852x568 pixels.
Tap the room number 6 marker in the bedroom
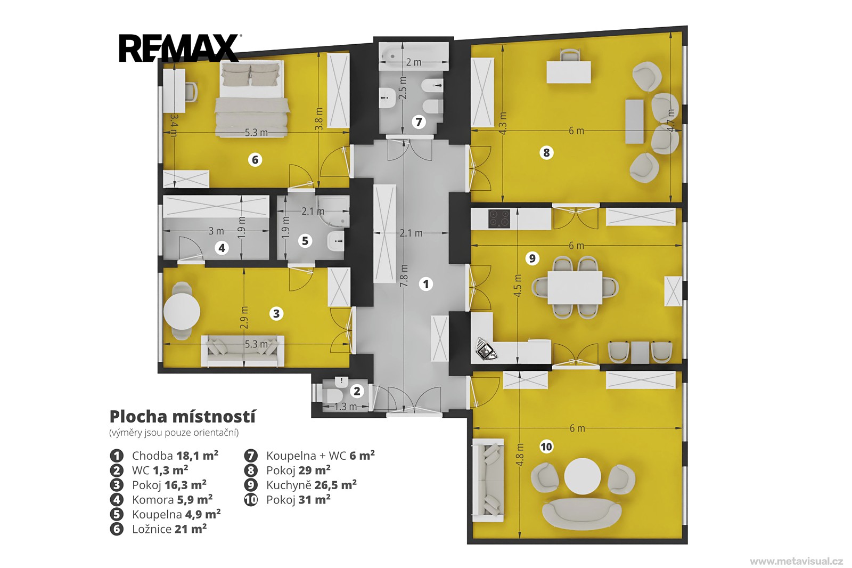[x=255, y=159]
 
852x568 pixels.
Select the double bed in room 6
[x=252, y=98]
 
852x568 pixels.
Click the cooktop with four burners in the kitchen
[x=499, y=218]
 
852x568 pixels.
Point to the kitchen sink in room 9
[x=486, y=348]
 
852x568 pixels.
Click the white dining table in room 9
[x=575, y=287]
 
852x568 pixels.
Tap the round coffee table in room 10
[x=583, y=476]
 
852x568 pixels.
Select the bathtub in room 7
[x=414, y=56]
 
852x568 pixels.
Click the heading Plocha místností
[x=182, y=417]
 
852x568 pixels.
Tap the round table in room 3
[x=182, y=311]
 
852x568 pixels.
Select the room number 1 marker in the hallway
[x=425, y=284]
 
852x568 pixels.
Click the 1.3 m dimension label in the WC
[x=346, y=407]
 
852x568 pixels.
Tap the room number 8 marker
[x=546, y=153]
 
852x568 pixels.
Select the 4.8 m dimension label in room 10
[x=520, y=455]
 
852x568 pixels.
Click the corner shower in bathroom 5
[x=333, y=212]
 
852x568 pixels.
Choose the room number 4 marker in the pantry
[x=222, y=248]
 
